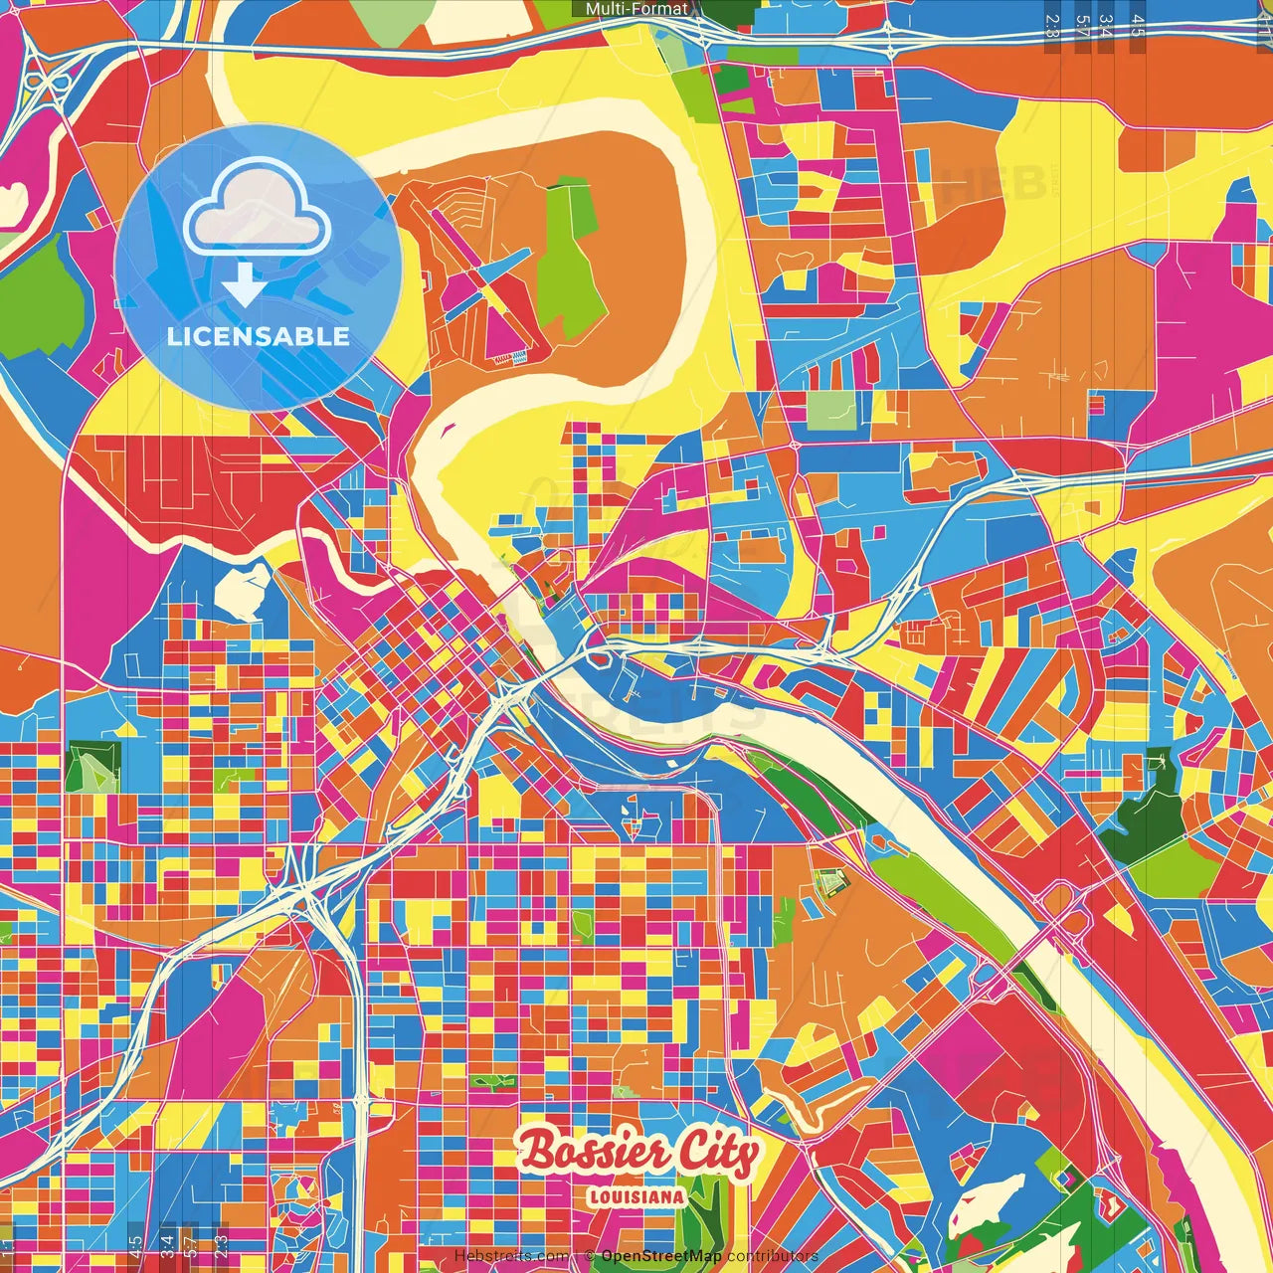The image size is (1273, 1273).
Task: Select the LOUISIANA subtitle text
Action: [636, 1196]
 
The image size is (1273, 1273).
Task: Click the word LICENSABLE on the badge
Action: [259, 336]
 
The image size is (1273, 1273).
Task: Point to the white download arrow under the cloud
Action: [244, 284]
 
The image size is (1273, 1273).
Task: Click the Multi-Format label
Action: [636, 9]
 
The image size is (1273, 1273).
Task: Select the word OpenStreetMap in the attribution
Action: [661, 1256]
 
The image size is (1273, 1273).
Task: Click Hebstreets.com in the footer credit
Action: [511, 1256]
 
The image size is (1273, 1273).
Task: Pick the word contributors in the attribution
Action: [773, 1256]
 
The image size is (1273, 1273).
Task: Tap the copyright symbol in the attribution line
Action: [589, 1256]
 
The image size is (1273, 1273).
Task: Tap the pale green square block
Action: [830, 410]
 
